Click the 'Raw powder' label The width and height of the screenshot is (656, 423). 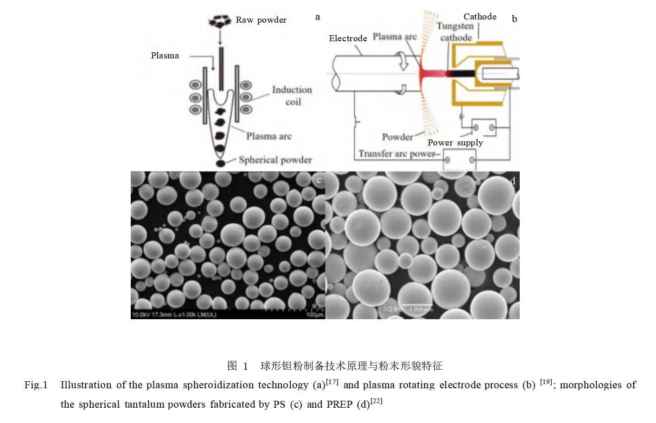pyautogui.click(x=261, y=20)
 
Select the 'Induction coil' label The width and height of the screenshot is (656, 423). pyautogui.click(x=292, y=95)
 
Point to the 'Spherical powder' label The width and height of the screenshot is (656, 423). pyautogui.click(x=275, y=160)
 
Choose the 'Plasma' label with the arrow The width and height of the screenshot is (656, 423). pyautogui.click(x=165, y=56)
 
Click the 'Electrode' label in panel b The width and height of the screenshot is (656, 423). pyautogui.click(x=348, y=38)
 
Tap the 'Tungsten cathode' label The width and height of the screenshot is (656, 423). pyautogui.click(x=455, y=32)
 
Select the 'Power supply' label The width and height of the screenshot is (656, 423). pyautogui.click(x=455, y=143)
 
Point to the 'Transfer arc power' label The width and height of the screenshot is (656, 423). pyautogui.click(x=396, y=154)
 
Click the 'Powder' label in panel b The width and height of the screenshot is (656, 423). pyautogui.click(x=397, y=137)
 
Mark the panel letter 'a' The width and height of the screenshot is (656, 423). pyautogui.click(x=318, y=17)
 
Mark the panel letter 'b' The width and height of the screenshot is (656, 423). pyautogui.click(x=514, y=19)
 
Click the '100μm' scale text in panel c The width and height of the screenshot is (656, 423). pyautogui.click(x=315, y=315)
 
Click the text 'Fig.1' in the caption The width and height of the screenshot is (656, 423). pyautogui.click(x=36, y=385)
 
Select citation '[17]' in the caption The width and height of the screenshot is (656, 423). pyautogui.click(x=332, y=382)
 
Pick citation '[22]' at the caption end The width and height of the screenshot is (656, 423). pyautogui.click(x=376, y=401)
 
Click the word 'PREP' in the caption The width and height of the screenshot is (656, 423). pyautogui.click(x=340, y=404)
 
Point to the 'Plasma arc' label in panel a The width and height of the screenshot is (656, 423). pyautogui.click(x=269, y=136)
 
